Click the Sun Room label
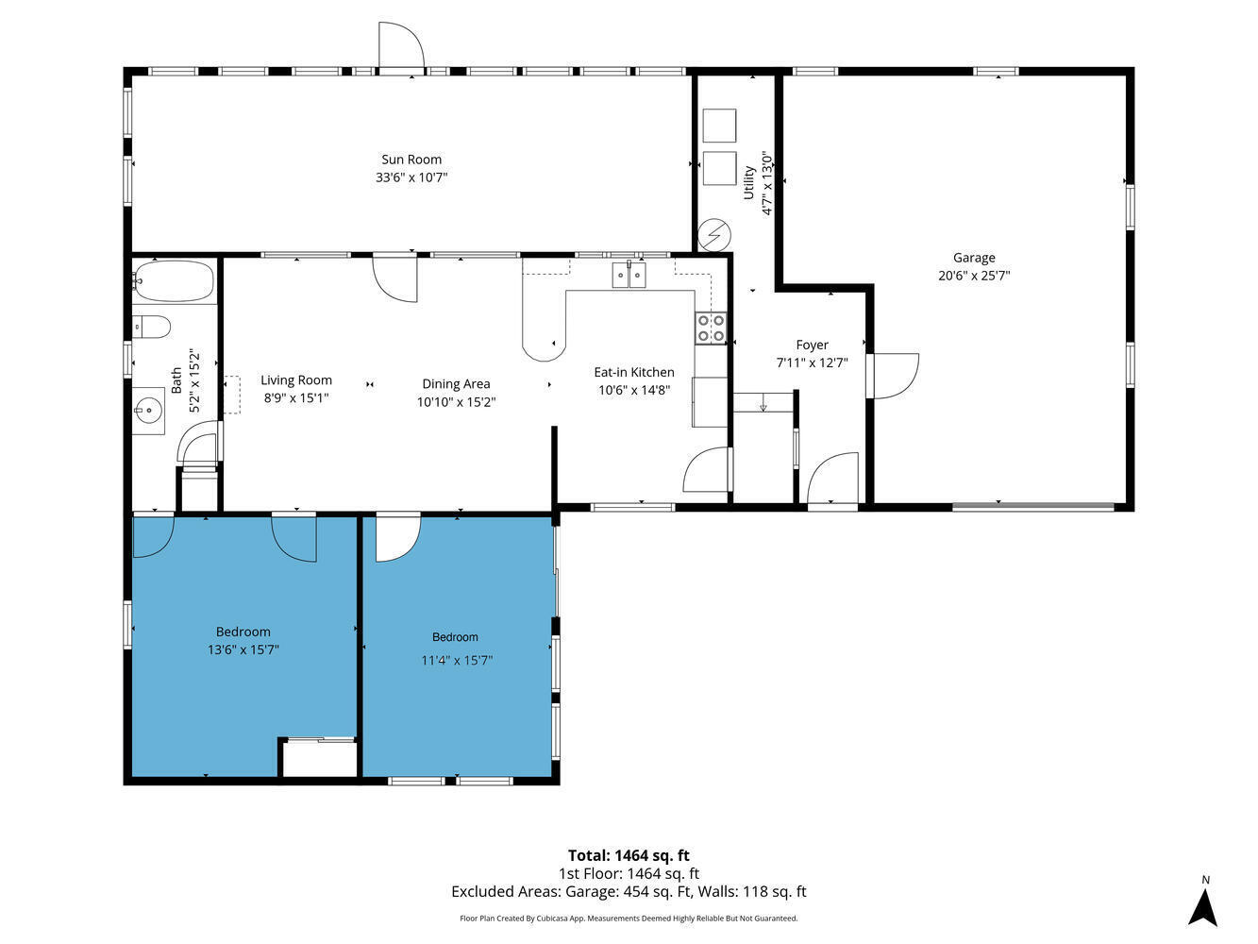point(411,160)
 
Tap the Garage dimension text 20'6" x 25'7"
point(974,276)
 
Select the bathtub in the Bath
point(174,280)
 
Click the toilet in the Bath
point(152,328)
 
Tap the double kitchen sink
point(629,275)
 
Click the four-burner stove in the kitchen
point(712,329)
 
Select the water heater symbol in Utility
point(714,233)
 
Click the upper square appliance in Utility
point(719,126)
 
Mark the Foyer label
point(812,346)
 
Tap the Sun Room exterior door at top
point(401,47)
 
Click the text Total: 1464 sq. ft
point(629,856)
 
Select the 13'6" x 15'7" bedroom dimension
point(243,649)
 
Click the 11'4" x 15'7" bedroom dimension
point(457,661)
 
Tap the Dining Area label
point(456,384)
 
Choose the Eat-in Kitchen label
point(634,372)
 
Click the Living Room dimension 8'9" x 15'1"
point(296,397)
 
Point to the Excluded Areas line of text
point(629,891)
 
